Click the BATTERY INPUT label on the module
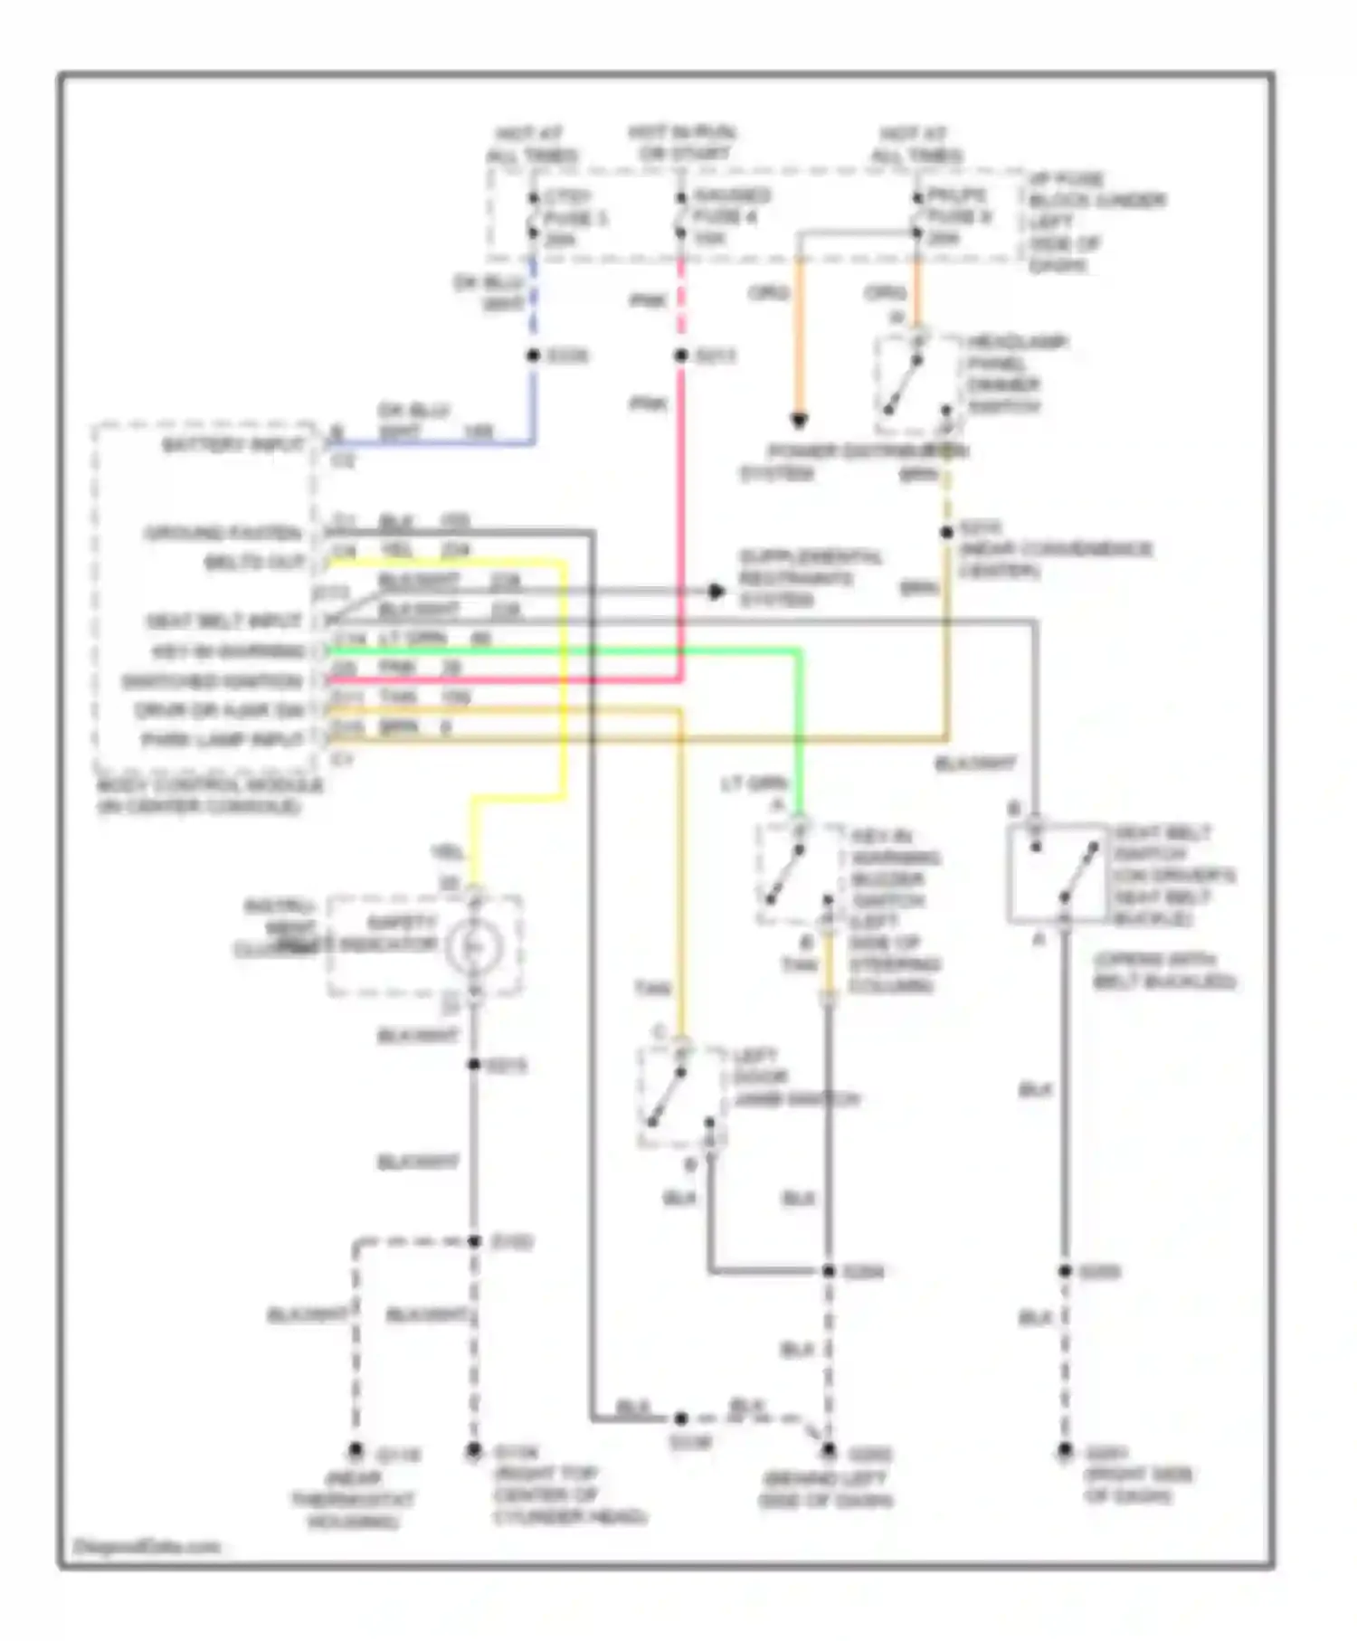[233, 445]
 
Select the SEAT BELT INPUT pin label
[223, 621]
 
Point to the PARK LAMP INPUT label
[223, 740]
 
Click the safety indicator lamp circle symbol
[471, 947]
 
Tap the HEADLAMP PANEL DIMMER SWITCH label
[1017, 374]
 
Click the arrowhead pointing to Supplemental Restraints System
[716, 592]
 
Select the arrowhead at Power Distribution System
[799, 422]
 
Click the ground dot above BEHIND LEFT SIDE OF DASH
[829, 1450]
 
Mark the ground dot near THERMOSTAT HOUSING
[356, 1451]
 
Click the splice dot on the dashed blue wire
[534, 356]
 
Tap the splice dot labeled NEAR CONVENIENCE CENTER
[946, 533]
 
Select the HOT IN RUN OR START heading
[683, 144]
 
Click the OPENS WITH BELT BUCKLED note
[1164, 971]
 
